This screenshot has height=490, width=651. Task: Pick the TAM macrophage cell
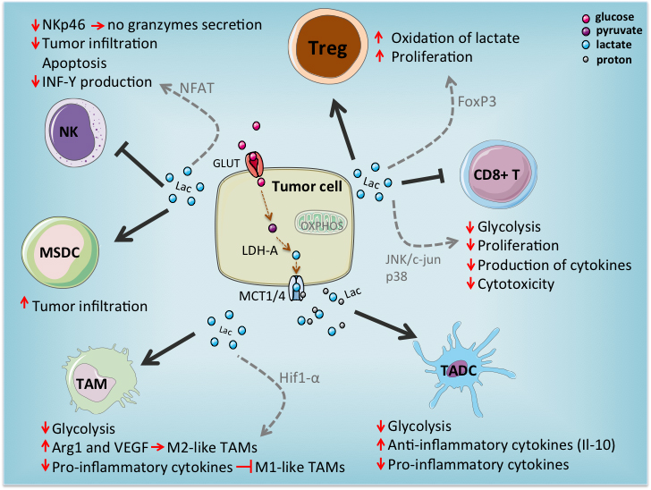pos(87,380)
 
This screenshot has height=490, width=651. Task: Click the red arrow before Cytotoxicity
pos(469,284)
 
